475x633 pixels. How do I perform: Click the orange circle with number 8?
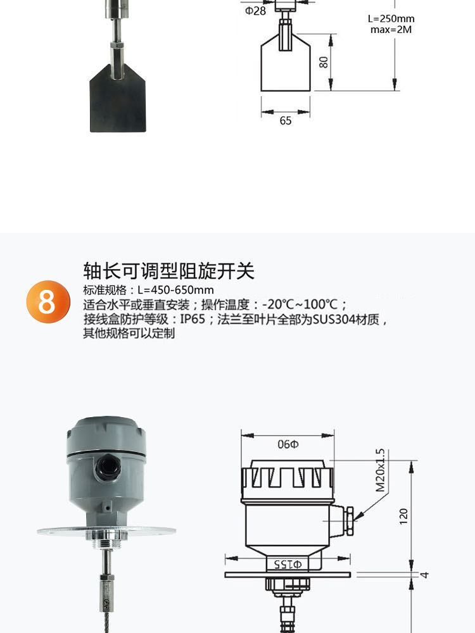coord(47,302)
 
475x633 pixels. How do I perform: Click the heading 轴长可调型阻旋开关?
coord(168,271)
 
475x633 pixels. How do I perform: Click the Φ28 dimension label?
coord(255,11)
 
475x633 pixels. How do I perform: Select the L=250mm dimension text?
coord(391,19)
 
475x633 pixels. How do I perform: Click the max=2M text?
coord(391,30)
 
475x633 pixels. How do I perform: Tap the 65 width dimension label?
coord(285,120)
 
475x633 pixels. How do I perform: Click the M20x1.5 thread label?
coord(380,471)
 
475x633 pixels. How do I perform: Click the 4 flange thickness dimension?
coord(426,575)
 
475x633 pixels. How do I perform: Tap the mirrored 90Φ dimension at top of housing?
coord(288,444)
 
